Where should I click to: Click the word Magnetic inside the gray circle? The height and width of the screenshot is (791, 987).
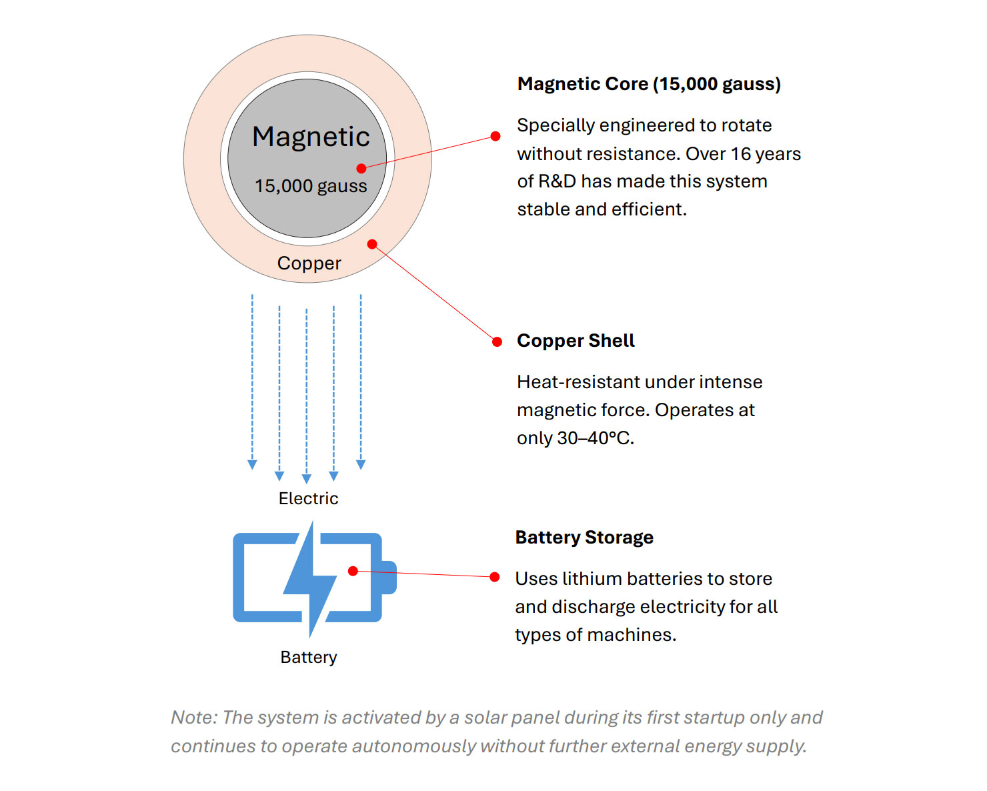pyautogui.click(x=311, y=137)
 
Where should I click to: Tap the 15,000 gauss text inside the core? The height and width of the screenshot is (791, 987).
pyautogui.click(x=311, y=186)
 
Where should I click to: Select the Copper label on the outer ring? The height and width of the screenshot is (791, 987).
pyautogui.click(x=309, y=263)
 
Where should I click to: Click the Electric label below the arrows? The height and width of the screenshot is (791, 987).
pyautogui.click(x=308, y=499)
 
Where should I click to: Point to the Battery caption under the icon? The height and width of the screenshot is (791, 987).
pyautogui.click(x=309, y=658)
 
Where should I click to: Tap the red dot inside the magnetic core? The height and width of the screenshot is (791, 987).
pyautogui.click(x=361, y=169)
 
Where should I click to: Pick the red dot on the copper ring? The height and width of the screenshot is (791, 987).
pyautogui.click(x=372, y=244)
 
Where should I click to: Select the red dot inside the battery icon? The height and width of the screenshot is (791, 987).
pyautogui.click(x=353, y=571)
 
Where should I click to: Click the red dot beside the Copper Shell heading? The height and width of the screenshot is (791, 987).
pyautogui.click(x=497, y=342)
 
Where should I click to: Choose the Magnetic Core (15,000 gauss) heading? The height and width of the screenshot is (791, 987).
pyautogui.click(x=649, y=84)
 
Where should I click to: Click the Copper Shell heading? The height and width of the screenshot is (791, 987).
pyautogui.click(x=576, y=341)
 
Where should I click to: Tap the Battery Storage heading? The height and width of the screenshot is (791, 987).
pyautogui.click(x=584, y=538)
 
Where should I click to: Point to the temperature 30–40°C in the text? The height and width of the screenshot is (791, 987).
pyautogui.click(x=594, y=438)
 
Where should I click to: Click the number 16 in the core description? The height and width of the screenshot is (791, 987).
pyautogui.click(x=740, y=154)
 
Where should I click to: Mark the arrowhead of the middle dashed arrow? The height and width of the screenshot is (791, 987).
pyautogui.click(x=307, y=479)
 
